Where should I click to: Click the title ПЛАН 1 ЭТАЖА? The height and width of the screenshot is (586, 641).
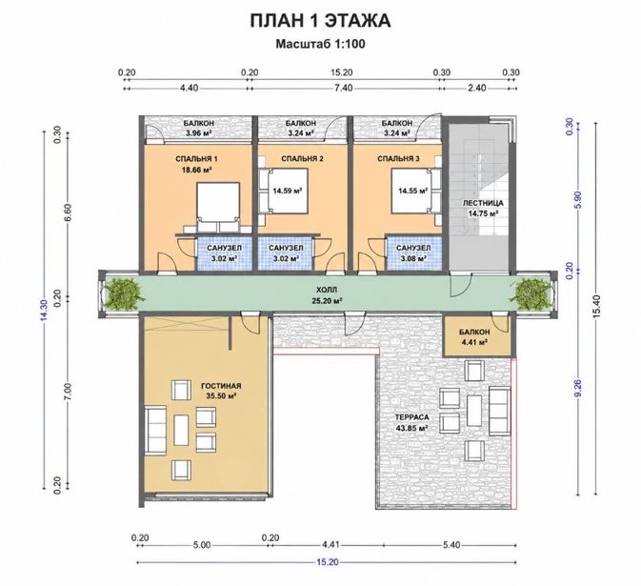tap(320, 21)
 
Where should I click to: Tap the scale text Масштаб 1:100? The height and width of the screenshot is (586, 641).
tap(320, 44)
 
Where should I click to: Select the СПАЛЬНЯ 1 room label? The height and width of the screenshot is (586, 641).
tap(193, 159)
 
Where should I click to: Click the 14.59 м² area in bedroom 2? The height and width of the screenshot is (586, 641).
tap(288, 191)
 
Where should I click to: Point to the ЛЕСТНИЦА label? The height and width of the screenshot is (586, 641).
tap(483, 203)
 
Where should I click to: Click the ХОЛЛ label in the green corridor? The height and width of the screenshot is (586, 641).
tap(327, 290)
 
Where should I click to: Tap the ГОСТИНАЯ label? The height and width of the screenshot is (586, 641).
tap(221, 386)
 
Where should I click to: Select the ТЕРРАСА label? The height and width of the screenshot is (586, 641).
tap(412, 417)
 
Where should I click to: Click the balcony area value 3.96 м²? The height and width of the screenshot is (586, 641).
tap(198, 132)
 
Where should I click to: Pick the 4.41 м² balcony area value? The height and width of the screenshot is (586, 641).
tap(474, 342)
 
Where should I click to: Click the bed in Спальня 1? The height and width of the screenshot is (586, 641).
tap(218, 208)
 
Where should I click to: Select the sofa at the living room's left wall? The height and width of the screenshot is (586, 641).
tap(156, 430)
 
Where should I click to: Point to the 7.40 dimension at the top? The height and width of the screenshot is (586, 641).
tap(343, 88)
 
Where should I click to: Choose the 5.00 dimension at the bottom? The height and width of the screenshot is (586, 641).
tap(202, 545)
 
